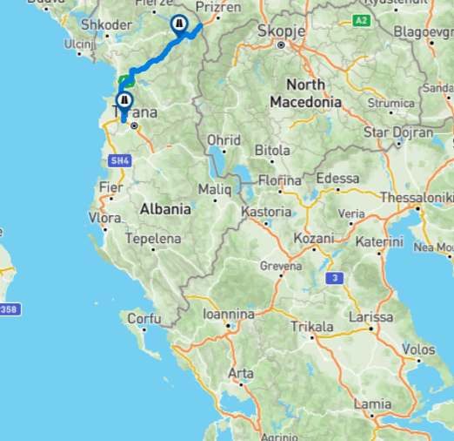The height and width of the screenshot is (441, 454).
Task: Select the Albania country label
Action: pyautogui.click(x=165, y=209)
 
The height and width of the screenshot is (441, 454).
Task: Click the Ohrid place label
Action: pyautogui.click(x=224, y=140)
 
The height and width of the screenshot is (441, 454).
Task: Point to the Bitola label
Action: pyautogui.click(x=272, y=150)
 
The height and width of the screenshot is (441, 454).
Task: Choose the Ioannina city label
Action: pyautogui.click(x=228, y=314)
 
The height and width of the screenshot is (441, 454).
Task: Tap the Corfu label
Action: pyautogui.click(x=144, y=319)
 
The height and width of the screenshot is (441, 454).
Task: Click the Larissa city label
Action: pyautogui.click(x=370, y=315)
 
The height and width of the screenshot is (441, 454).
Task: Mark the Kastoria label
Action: pyautogui.click(x=266, y=211)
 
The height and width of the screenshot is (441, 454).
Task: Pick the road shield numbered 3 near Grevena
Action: pyautogui.click(x=333, y=278)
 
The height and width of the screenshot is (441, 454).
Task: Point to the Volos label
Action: pyautogui.click(x=418, y=350)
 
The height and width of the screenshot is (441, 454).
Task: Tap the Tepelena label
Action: pyautogui.click(x=153, y=239)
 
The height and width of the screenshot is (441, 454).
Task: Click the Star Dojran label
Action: pyautogui.click(x=398, y=132)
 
